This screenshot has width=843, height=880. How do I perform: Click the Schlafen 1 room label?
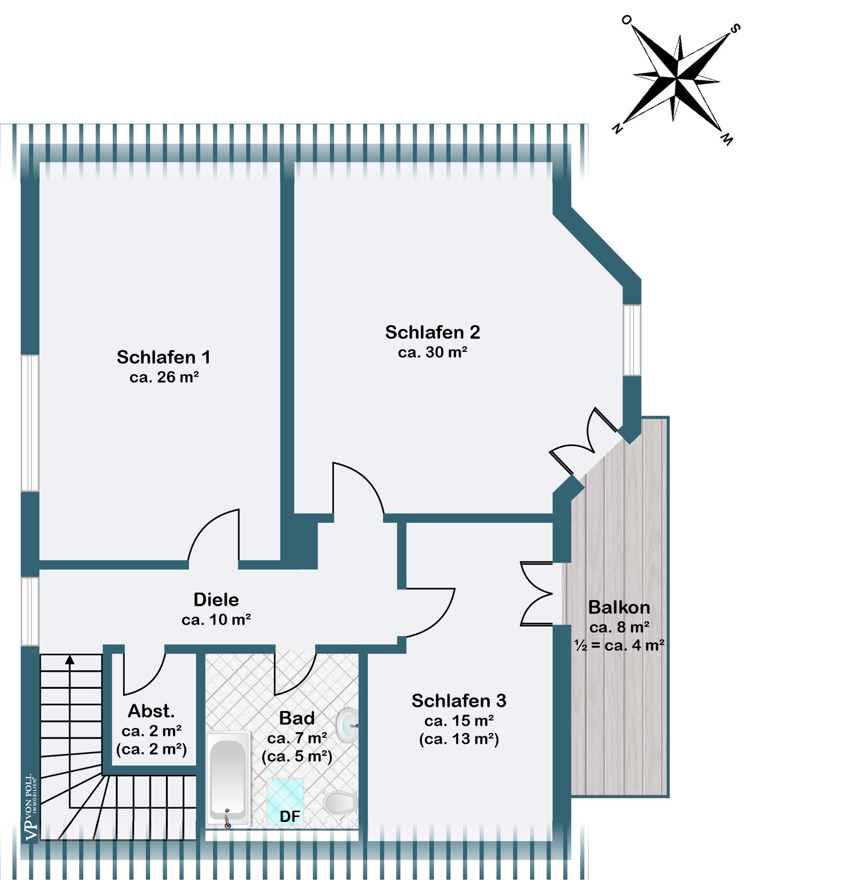click(163, 357)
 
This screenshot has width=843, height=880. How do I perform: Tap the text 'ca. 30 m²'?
click(432, 352)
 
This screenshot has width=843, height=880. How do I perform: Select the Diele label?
click(216, 600)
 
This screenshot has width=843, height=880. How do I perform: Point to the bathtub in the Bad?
click(228, 780)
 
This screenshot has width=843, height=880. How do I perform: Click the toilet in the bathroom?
click(340, 803)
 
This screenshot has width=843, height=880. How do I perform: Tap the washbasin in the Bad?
click(348, 726)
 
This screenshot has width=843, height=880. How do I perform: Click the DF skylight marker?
click(289, 816)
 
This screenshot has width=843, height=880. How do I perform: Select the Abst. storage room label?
click(151, 711)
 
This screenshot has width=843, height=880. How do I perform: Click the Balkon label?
click(619, 607)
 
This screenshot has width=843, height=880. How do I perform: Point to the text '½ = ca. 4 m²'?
click(619, 645)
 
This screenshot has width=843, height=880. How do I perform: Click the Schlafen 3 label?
click(459, 700)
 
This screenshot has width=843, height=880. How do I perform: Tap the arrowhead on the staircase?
click(70, 659)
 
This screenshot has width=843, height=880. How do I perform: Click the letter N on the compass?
click(617, 128)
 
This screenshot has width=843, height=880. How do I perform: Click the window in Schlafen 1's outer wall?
click(30, 423)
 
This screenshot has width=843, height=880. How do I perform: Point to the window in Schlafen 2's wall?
click(632, 340)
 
